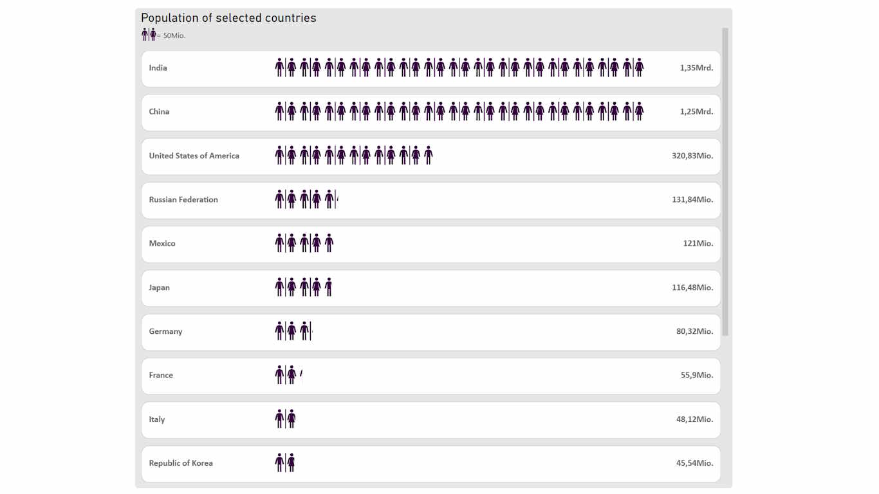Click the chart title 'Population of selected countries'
[x=228, y=18]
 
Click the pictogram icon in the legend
[x=149, y=35]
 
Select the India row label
[x=158, y=68]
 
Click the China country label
[x=159, y=111]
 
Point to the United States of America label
[x=194, y=156]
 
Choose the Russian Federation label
[x=183, y=199]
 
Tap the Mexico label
[x=162, y=243]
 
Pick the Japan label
[x=159, y=288]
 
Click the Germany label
[x=165, y=331]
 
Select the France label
[x=161, y=375]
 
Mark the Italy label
[x=157, y=419]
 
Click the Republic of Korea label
[x=181, y=463]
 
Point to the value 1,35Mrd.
[x=696, y=68]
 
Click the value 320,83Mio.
[x=692, y=156]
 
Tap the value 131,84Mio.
[x=692, y=199]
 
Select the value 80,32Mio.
[x=694, y=331]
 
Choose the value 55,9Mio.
[x=697, y=375]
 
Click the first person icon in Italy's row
[x=279, y=419]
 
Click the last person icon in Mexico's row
[x=329, y=243]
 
